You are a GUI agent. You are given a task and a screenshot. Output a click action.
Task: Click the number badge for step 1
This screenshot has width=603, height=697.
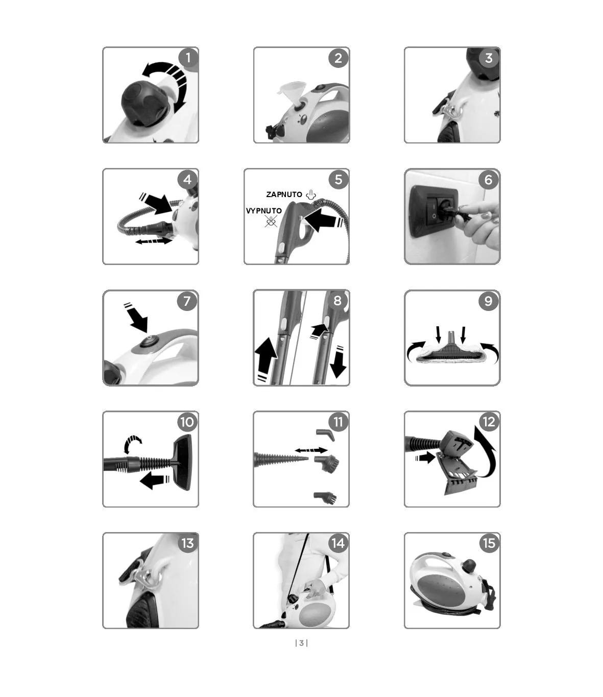[188, 58]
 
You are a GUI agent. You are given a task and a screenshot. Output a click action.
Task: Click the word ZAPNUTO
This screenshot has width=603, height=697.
[284, 195]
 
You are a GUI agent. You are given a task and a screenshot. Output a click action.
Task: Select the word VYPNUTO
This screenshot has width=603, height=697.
[264, 211]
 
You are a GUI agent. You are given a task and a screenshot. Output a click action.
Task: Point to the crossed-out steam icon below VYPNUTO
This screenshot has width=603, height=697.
[271, 221]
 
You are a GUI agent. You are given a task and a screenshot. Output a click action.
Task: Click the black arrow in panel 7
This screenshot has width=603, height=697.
[136, 318]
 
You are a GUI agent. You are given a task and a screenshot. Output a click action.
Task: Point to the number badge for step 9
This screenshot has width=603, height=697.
[488, 301]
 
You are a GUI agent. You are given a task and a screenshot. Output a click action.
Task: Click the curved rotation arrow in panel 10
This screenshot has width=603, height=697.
[133, 444]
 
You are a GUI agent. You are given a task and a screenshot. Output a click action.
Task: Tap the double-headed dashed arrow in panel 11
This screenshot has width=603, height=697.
[311, 450]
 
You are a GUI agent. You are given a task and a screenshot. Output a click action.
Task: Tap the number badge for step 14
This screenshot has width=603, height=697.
[338, 543]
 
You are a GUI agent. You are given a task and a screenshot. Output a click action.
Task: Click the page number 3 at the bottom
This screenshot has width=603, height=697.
[301, 643]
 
